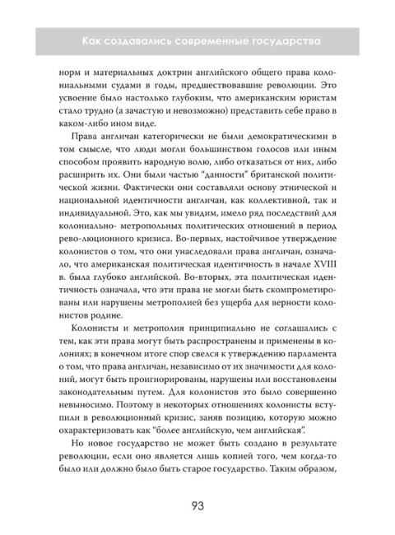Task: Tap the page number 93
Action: tap(197, 503)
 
